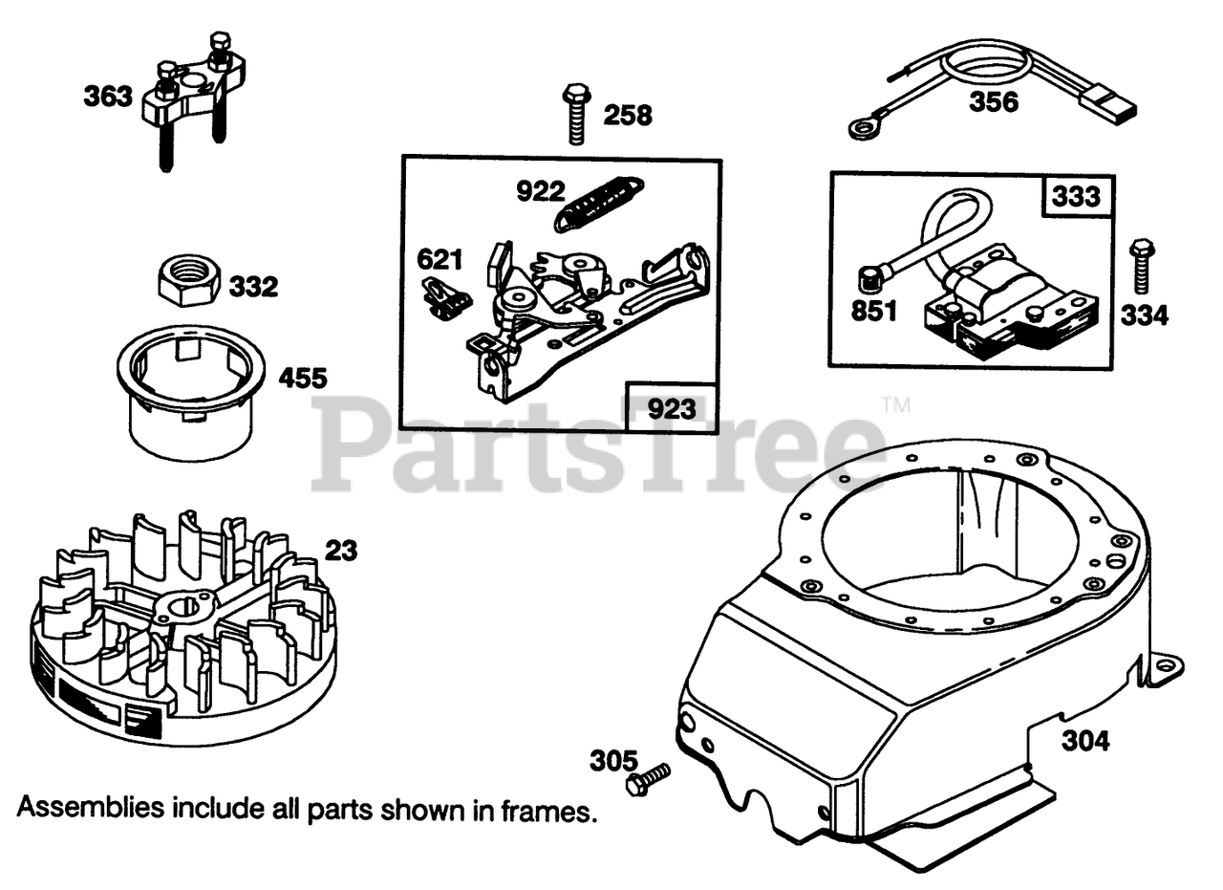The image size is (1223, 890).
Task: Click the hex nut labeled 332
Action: pyautogui.click(x=188, y=279)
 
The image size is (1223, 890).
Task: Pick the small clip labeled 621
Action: pyautogui.click(x=444, y=296)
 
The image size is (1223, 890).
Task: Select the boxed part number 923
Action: pyautogui.click(x=671, y=409)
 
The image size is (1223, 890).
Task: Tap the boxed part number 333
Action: pyautogui.click(x=1076, y=198)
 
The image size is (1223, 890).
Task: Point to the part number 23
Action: pyautogui.click(x=340, y=551)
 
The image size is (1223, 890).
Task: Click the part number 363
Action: pyautogui.click(x=107, y=97)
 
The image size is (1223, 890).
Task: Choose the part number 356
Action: pyautogui.click(x=994, y=101)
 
